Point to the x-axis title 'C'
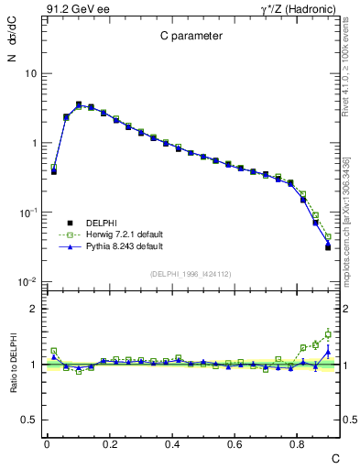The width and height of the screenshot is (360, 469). click(334, 457)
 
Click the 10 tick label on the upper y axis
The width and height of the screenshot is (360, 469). click(30, 73)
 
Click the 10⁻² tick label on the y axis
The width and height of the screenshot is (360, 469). click(28, 282)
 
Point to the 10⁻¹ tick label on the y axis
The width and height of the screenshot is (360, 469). click(28, 213)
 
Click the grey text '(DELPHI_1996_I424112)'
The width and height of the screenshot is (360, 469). click(190, 272)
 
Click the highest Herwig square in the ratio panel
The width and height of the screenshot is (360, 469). click(328, 334)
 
